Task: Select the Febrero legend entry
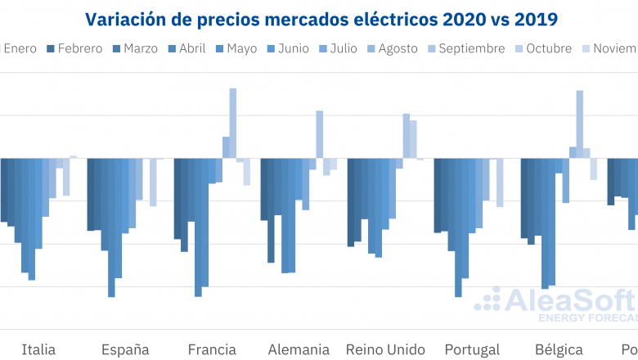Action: [74, 48]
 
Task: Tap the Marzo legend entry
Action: [134, 48]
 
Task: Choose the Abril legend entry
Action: [186, 48]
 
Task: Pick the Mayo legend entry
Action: [236, 48]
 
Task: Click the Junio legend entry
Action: [286, 48]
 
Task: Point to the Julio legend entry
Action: [337, 48]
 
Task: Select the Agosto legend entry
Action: [391, 48]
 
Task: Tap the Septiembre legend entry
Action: [465, 48]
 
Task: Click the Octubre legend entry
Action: [542, 48]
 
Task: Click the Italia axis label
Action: [38, 349]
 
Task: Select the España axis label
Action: [125, 349]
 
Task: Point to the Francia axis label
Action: [212, 349]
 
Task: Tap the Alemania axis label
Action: [299, 349]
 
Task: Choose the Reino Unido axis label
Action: [385, 349]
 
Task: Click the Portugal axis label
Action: [472, 349]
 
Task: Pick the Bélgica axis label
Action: [559, 349]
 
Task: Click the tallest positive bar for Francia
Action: [233, 123]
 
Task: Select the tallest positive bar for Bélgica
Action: [580, 124]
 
